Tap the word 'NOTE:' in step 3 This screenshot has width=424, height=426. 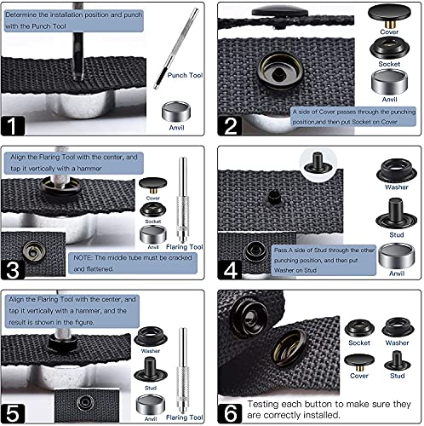pyautogui.click(x=88, y=255)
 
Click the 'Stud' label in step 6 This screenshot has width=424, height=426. pyautogui.click(x=396, y=375)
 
